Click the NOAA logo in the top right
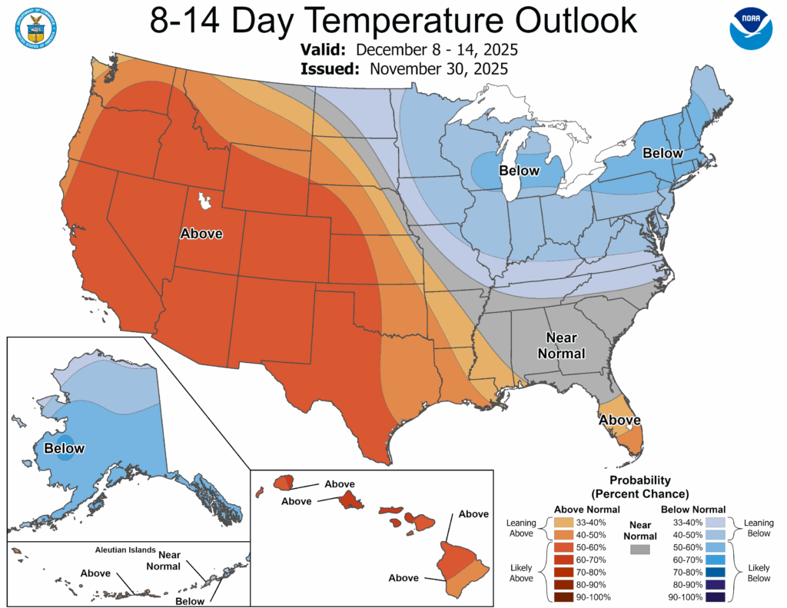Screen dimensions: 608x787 click(x=750, y=29)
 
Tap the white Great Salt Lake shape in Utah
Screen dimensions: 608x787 click(x=204, y=203)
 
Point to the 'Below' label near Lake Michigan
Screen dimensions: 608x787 click(x=520, y=170)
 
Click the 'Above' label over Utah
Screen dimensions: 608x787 click(x=201, y=234)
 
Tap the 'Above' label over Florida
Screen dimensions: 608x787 click(x=619, y=420)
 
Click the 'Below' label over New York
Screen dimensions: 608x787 click(x=662, y=153)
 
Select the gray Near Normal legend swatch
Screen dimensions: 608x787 click(x=639, y=550)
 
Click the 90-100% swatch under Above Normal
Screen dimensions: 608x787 click(x=564, y=597)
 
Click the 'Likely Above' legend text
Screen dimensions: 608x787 click(x=520, y=573)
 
